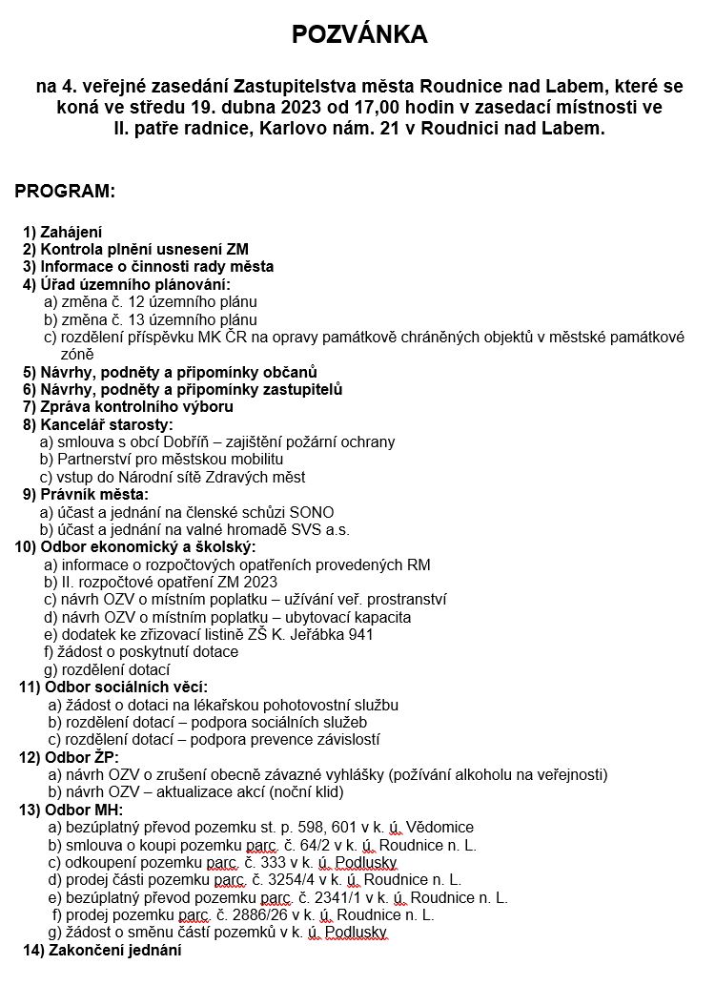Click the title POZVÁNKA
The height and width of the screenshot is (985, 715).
tap(359, 35)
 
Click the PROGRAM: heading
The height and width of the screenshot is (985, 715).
tap(65, 192)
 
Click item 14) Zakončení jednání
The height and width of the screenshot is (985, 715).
tap(102, 950)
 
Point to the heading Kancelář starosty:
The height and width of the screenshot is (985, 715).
tap(107, 424)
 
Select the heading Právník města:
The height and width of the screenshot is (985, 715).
tap(94, 494)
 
